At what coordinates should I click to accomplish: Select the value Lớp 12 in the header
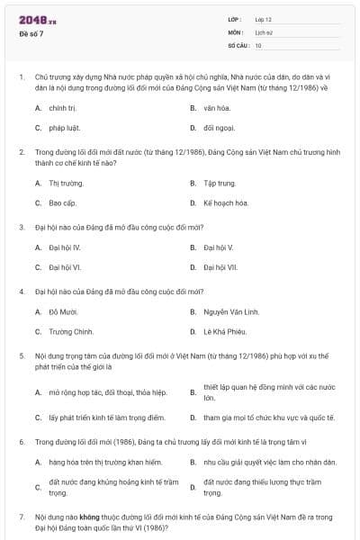click(264, 19)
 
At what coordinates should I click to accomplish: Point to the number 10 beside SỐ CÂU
click(258, 45)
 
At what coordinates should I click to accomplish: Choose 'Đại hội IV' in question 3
click(65, 247)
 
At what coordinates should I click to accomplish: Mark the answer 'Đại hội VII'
click(220, 267)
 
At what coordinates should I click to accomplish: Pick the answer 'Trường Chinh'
click(71, 332)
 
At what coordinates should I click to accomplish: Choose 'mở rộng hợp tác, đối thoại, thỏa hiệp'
click(108, 392)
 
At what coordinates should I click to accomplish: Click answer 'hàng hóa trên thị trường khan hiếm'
click(104, 463)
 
